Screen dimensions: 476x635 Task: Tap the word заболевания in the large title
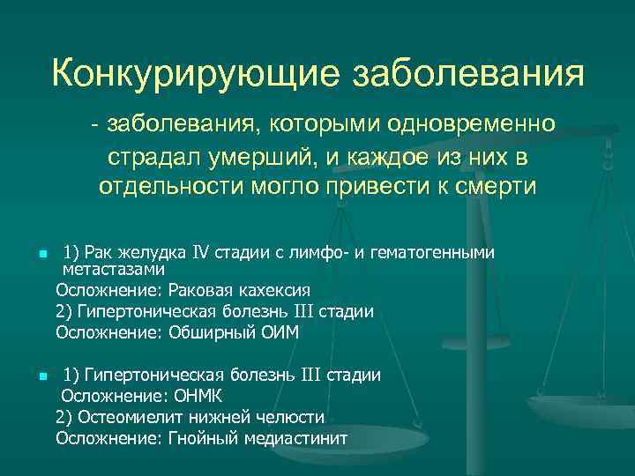[468, 73]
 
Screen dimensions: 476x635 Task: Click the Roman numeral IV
[200, 253]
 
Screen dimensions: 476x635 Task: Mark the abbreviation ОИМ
[281, 332]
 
